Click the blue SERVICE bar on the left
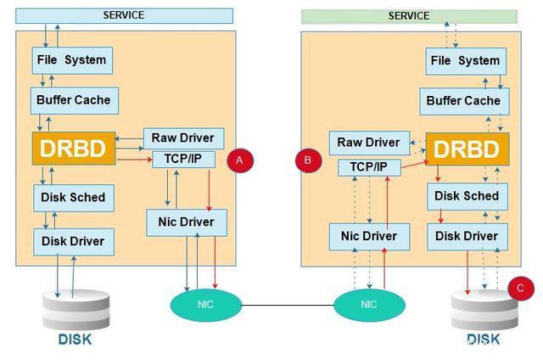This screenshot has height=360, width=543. pyautogui.click(x=124, y=15)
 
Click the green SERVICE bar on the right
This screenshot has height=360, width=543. pyautogui.click(x=409, y=16)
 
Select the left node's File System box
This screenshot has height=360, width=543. pyautogui.click(x=72, y=60)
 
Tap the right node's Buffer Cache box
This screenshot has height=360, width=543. pyautogui.click(x=463, y=101)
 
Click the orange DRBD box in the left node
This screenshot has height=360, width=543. pyautogui.click(x=74, y=149)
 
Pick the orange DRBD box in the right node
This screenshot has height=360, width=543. pyautogui.click(x=467, y=149)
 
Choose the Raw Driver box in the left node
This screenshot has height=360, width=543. pyautogui.click(x=183, y=138)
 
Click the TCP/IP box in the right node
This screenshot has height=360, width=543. pyautogui.click(x=368, y=167)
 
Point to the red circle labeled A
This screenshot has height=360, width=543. pyautogui.click(x=239, y=160)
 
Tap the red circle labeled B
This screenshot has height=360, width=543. pyautogui.click(x=308, y=160)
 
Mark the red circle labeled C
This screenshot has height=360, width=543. pyautogui.click(x=521, y=289)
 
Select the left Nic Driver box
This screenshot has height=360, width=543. pyautogui.click(x=186, y=222)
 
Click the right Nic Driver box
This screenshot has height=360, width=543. pyautogui.click(x=368, y=236)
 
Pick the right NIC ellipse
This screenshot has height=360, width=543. pyautogui.click(x=368, y=304)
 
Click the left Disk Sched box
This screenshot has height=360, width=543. pyautogui.click(x=73, y=197)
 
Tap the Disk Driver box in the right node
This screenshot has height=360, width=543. pyautogui.click(x=466, y=236)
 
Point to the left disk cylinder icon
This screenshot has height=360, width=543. pyautogui.click(x=76, y=309)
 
